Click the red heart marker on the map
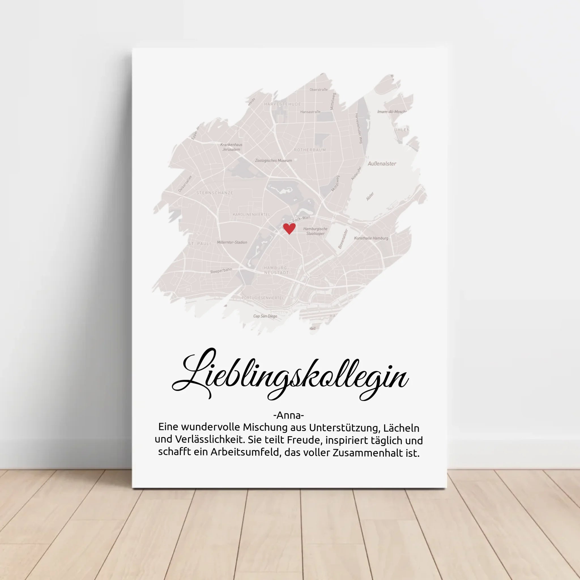(x=289, y=229)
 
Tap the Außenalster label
(x=382, y=164)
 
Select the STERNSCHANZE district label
(x=215, y=193)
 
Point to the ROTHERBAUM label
(x=310, y=150)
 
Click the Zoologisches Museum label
(x=273, y=161)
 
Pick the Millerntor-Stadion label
(x=232, y=242)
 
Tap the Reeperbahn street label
(x=221, y=271)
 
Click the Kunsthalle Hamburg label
(x=371, y=238)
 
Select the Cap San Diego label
(x=265, y=316)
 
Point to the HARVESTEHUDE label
(x=282, y=104)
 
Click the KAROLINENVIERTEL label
(x=251, y=215)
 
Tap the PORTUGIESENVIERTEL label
(x=263, y=298)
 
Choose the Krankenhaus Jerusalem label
(x=231, y=147)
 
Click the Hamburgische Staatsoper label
(x=315, y=231)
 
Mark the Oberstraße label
(x=319, y=89)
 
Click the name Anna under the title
(x=289, y=415)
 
